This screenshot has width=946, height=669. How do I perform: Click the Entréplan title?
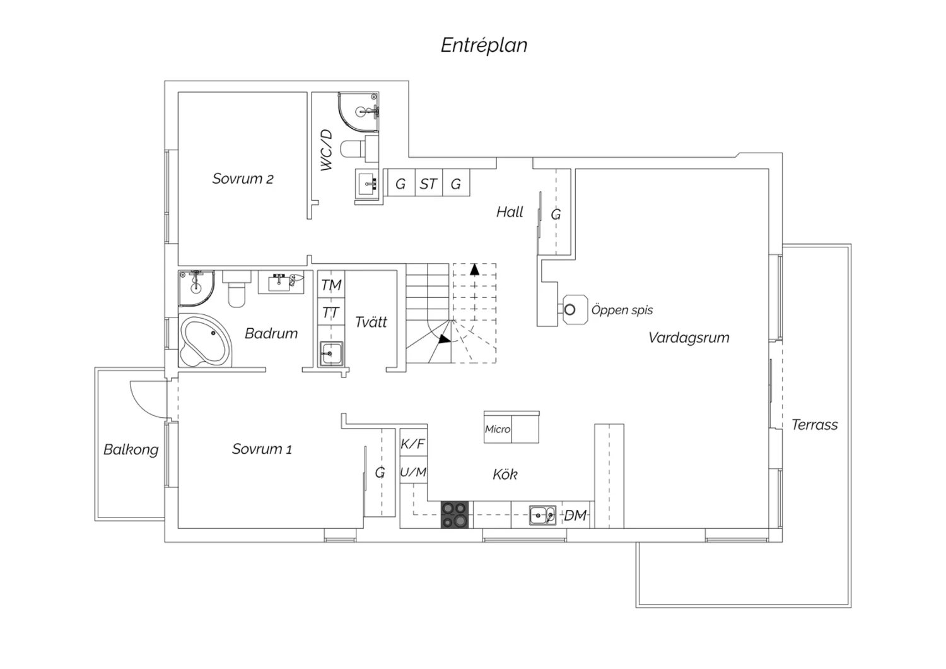[484, 45]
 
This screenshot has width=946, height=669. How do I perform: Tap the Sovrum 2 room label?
[243, 179]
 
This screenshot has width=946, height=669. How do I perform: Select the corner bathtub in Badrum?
[205, 340]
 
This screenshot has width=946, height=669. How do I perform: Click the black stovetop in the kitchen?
[455, 514]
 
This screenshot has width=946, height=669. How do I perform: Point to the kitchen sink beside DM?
[542, 515]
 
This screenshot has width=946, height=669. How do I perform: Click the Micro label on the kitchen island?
[498, 429]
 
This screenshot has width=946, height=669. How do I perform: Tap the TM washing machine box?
[331, 285]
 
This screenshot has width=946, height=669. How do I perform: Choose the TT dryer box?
[331, 312]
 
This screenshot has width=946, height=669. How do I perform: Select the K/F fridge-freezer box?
[414, 443]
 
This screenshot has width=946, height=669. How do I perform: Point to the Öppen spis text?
[622, 310]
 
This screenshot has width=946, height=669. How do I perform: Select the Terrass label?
[814, 425]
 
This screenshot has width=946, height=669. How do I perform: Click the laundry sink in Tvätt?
[331, 353]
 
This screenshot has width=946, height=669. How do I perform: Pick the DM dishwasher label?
[575, 515]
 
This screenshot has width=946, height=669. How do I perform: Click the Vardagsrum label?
[689, 338]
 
